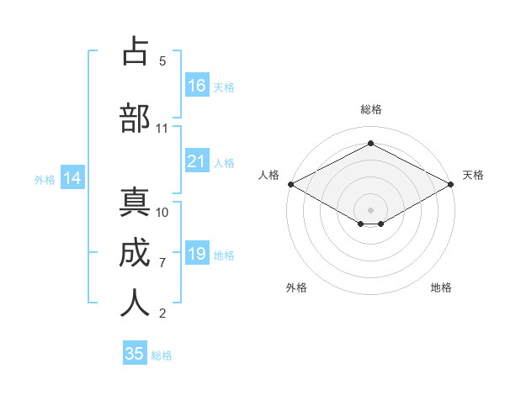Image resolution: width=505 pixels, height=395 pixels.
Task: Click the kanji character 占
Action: [135, 51]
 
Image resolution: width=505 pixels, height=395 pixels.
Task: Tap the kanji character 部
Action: [135, 118]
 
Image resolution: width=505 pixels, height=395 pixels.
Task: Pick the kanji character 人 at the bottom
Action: [135, 303]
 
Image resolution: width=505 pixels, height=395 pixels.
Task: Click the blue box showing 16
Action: [197, 85]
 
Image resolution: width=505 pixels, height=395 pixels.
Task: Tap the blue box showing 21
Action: [197, 161]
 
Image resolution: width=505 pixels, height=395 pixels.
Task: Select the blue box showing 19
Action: [197, 254]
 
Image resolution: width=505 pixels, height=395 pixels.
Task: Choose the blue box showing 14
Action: [72, 178]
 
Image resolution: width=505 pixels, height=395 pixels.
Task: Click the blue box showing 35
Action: [135, 354]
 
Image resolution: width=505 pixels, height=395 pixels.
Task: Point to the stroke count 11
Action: [162, 129]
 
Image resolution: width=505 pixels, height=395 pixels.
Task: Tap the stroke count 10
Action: [162, 213]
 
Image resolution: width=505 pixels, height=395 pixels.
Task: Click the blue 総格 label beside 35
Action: [162, 355]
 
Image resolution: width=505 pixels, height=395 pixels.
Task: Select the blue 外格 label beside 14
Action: [45, 179]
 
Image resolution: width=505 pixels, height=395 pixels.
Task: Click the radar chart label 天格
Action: [474, 175]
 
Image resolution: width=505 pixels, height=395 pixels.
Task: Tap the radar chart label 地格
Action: [441, 287]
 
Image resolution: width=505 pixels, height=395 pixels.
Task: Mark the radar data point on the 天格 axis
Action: [452, 183]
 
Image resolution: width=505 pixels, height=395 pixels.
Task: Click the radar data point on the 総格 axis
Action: [370, 144]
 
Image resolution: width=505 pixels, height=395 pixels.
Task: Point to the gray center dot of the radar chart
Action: [370, 209]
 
